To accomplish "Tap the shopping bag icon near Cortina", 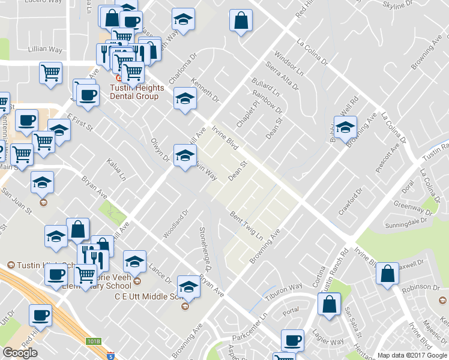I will tap(329, 304).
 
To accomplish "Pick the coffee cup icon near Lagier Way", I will tap(293, 340).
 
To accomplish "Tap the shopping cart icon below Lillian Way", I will tap(51, 73).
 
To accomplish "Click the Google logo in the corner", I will tap(20, 353).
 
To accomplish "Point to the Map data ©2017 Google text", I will tap(412, 355).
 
